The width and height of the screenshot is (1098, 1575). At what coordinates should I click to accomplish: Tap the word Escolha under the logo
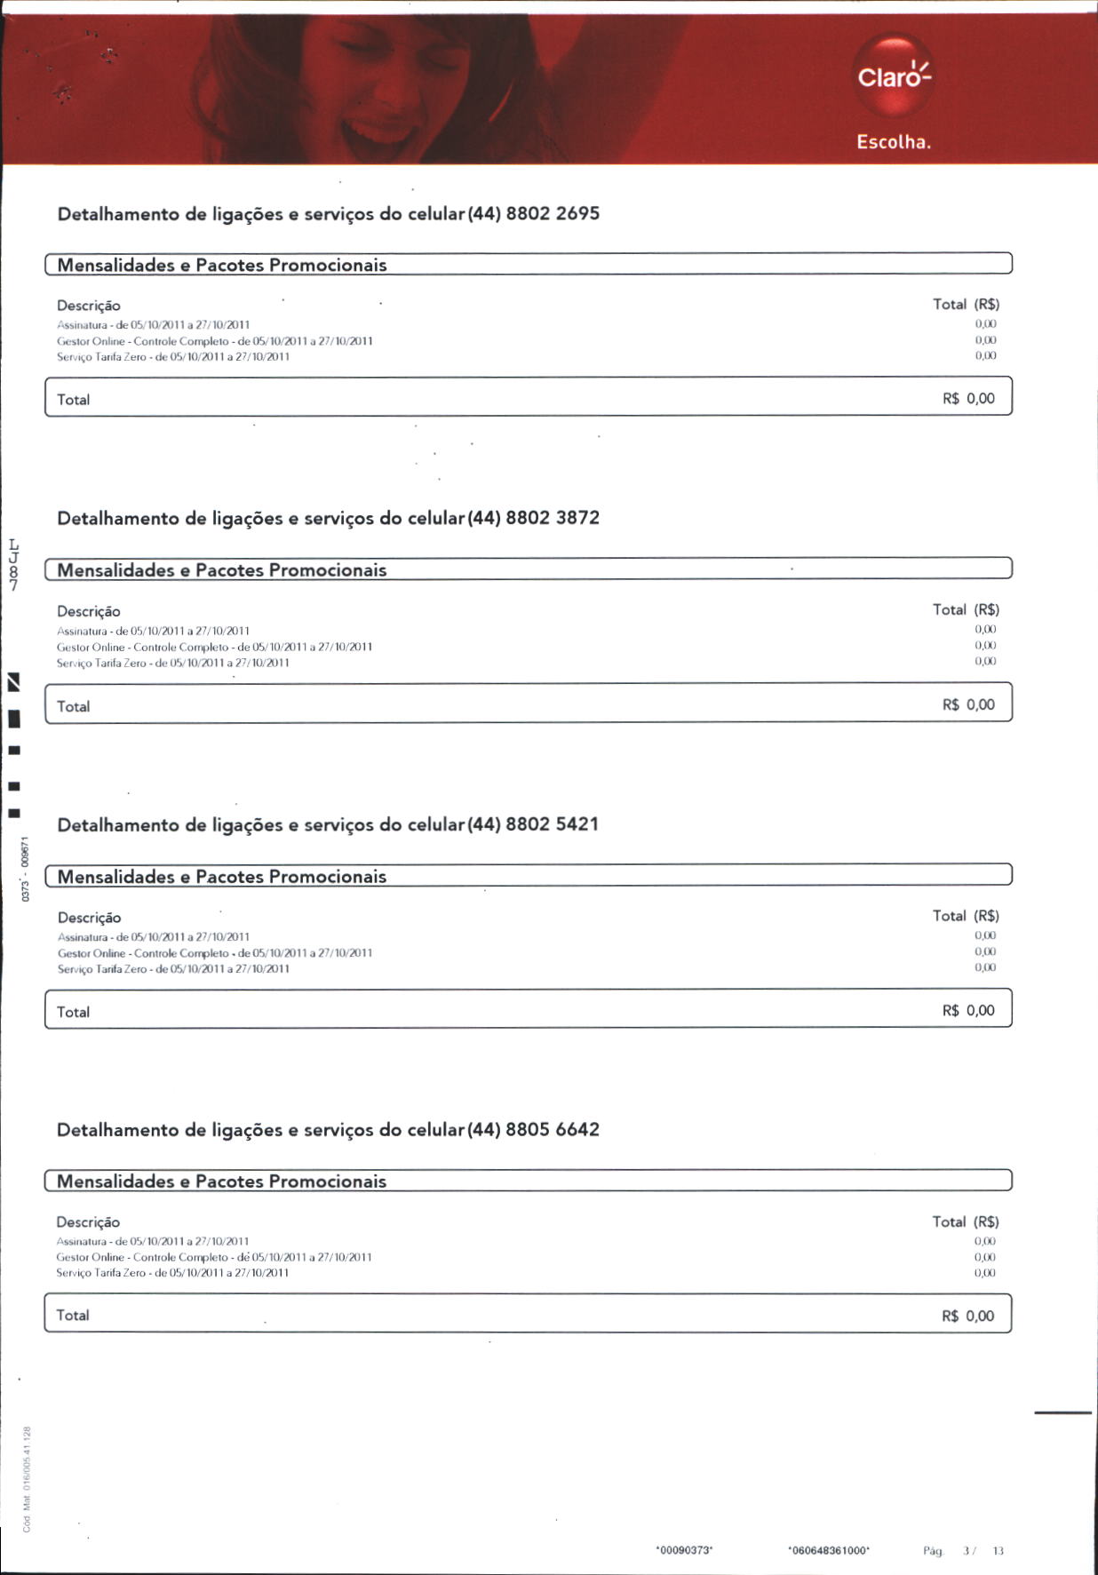[x=893, y=142]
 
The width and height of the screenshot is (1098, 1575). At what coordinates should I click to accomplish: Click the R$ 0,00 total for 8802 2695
[x=968, y=399]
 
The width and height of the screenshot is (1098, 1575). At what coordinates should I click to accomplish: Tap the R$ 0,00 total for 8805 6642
[x=967, y=1316]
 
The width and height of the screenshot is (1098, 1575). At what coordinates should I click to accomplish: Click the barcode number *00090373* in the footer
[x=684, y=1550]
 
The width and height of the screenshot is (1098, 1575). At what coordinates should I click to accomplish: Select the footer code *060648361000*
[x=829, y=1550]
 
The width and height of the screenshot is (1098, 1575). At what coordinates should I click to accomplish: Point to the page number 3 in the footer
[x=967, y=1551]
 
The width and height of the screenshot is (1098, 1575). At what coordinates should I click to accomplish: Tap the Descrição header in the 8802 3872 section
[x=89, y=611]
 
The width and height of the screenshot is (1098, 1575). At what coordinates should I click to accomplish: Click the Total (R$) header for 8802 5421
[x=966, y=916]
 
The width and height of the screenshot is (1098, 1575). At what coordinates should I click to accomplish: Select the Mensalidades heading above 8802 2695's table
[x=222, y=265]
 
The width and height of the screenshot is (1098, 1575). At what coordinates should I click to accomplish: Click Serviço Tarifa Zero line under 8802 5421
[x=173, y=969]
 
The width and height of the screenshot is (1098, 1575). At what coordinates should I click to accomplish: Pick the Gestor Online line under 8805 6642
[x=213, y=1257]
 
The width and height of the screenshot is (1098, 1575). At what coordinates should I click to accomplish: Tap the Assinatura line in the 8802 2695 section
[x=153, y=325]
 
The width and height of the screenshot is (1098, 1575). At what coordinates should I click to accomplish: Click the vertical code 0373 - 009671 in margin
[x=26, y=869]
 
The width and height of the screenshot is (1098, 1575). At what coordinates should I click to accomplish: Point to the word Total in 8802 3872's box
[x=73, y=707]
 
